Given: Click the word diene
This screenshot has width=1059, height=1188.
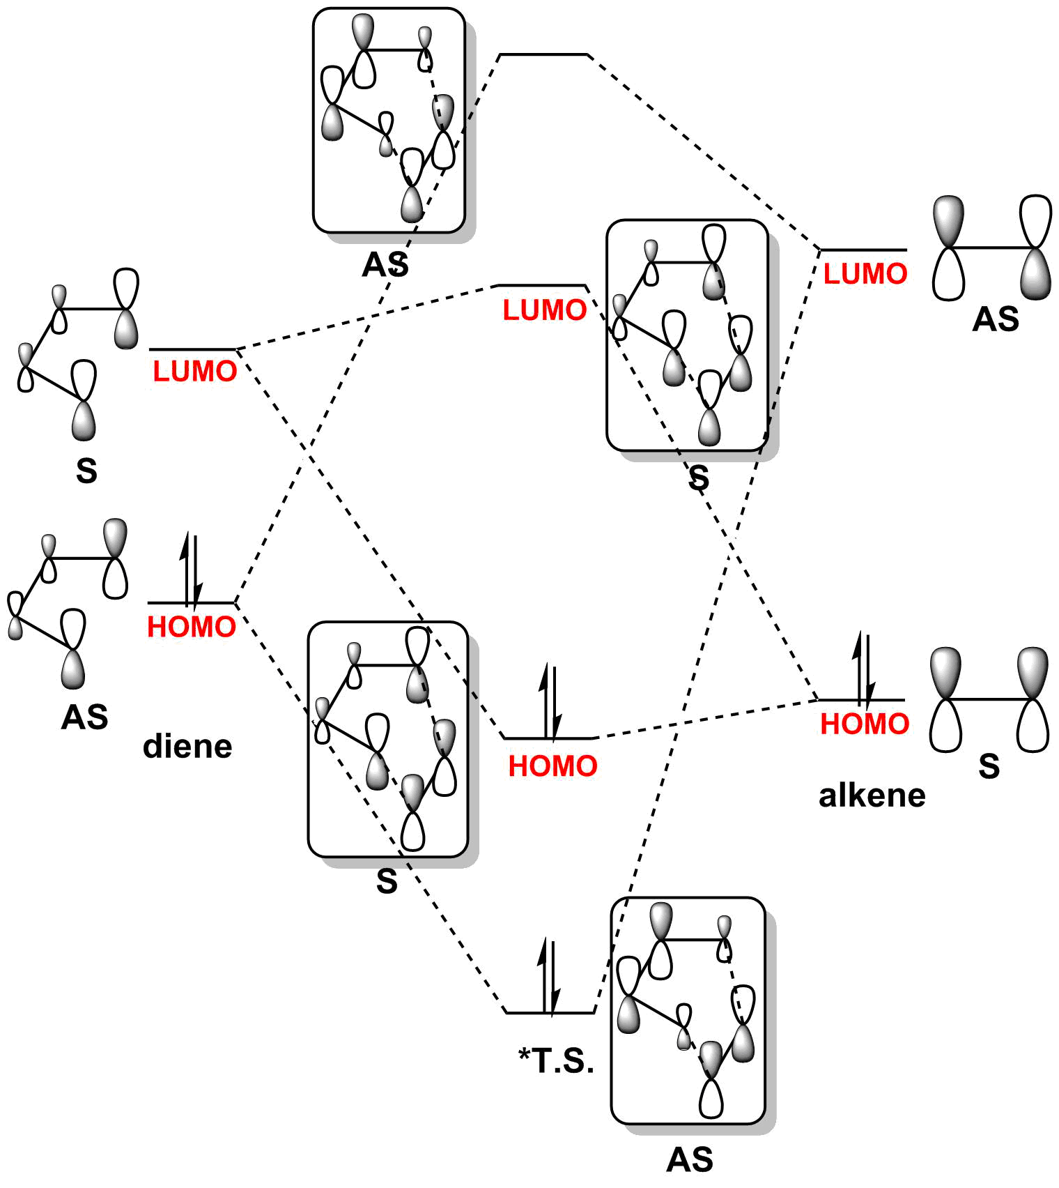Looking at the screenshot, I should (187, 747).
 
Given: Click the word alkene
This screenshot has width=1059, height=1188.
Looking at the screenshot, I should (872, 795).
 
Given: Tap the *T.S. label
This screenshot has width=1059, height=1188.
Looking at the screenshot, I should (556, 1060).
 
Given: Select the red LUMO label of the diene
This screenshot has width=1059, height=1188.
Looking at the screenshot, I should (195, 371).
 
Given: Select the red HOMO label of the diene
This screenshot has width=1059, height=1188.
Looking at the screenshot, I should (192, 627).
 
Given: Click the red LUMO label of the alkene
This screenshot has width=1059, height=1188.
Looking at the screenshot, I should (865, 273).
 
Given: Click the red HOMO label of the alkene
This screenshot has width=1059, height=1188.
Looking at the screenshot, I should (865, 724).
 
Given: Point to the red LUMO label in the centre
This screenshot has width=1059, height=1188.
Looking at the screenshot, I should (545, 310).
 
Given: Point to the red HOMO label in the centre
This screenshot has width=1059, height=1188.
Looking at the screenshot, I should (552, 766).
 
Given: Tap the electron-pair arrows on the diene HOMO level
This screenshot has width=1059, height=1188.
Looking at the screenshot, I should (191, 568).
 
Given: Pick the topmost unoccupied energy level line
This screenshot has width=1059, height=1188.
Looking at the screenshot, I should (544, 54).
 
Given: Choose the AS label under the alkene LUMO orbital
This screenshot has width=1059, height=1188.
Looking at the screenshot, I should (995, 319).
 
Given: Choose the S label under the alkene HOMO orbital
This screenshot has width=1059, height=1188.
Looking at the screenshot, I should (989, 766).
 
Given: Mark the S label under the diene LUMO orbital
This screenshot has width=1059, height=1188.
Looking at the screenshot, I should (86, 471).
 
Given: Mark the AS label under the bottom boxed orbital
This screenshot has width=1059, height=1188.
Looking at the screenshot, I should (690, 1159).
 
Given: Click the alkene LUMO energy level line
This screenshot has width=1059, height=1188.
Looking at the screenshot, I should (863, 250).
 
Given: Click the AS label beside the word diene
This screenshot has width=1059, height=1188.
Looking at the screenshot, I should (84, 717).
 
